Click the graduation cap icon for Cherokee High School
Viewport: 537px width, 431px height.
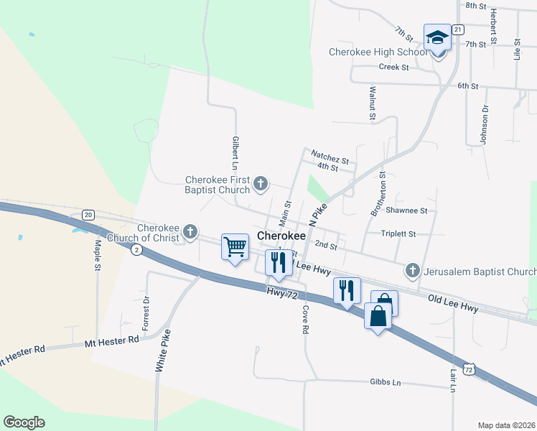pos(436,37)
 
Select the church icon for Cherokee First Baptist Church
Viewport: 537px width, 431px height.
pos(261,185)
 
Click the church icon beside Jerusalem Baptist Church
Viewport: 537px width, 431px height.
pos(412,271)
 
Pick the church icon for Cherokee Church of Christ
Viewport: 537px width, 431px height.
pos(190,231)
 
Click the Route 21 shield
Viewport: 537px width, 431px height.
pos(458,29)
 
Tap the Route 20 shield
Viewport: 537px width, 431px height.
pos(88,215)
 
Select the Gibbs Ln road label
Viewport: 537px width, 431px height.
pos(385,382)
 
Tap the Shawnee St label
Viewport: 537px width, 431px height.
pos(406,210)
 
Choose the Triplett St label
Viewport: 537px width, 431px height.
pos(399,234)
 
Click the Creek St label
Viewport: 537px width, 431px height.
pos(393,67)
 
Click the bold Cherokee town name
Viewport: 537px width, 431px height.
pos(281,236)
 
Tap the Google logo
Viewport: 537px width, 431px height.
pos(24,422)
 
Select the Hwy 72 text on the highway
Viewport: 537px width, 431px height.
pos(281,294)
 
